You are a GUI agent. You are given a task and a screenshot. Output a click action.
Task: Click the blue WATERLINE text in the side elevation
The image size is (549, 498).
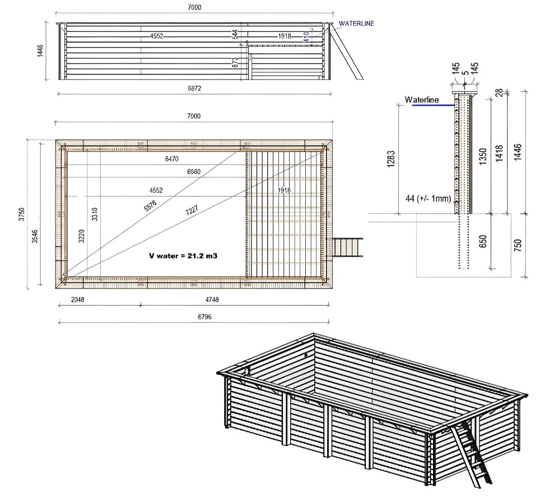tap(356, 24)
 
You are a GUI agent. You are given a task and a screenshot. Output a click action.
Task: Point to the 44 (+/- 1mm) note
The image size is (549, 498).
tap(429, 199)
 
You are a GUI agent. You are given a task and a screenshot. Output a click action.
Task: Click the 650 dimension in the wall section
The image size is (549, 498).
tap(491, 242)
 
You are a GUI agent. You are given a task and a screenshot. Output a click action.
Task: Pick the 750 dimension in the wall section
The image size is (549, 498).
tap(517, 245)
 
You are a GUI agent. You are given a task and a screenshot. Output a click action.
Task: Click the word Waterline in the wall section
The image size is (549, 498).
tap(421, 99)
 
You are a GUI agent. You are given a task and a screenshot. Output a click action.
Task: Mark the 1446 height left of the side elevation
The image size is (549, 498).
tap(40, 51)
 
